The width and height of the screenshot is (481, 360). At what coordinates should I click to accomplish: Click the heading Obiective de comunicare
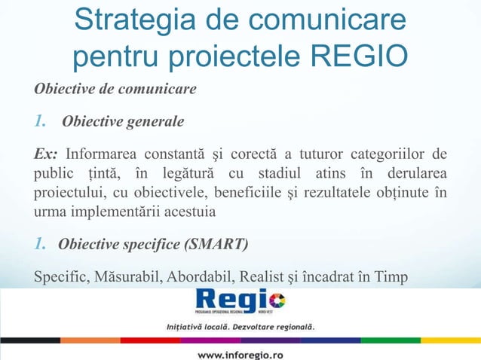(x=115, y=90)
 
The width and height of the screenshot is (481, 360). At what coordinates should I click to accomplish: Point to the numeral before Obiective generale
(x=41, y=121)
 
